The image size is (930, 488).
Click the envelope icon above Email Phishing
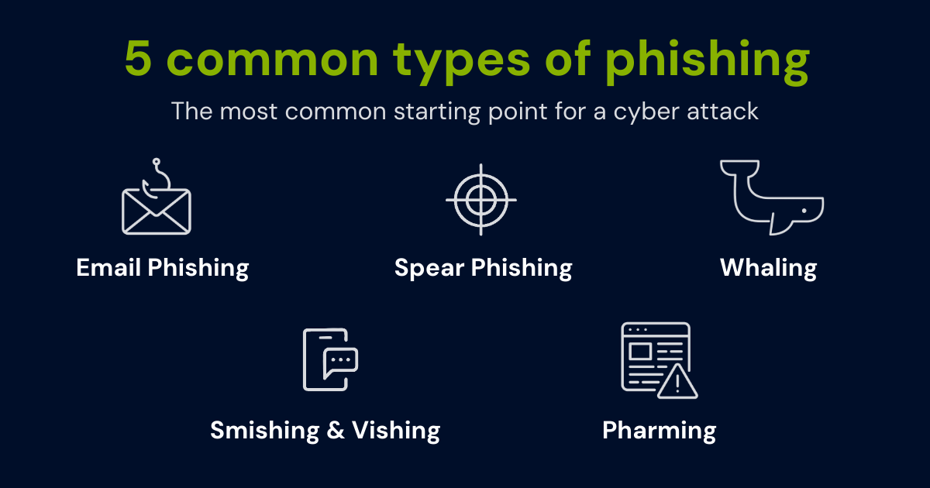156,209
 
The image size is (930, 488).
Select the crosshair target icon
480,199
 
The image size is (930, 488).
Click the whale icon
771,198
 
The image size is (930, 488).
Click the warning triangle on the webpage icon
677,382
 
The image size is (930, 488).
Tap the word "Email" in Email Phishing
108,268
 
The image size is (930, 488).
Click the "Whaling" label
768,269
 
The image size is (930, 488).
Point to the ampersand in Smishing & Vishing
336,430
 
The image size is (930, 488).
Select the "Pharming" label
659,431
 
